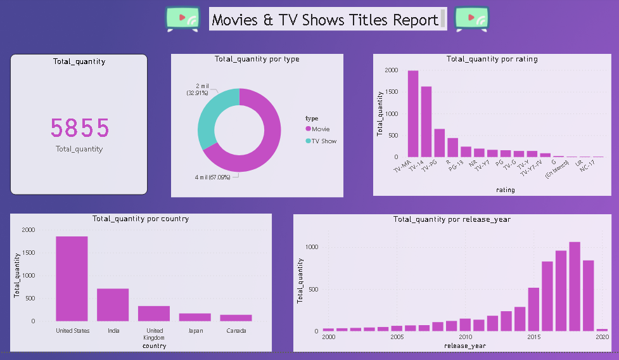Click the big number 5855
click(x=80, y=128)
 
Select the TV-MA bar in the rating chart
click(x=413, y=114)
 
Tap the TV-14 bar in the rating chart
click(x=426, y=122)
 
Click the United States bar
click(x=72, y=279)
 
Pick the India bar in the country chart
click(x=113, y=305)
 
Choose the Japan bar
click(x=195, y=317)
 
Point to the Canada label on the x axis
click(x=236, y=330)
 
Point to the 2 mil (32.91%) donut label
click(x=198, y=89)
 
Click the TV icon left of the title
click(x=182, y=19)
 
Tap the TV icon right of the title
click(x=472, y=19)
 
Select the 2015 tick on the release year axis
click(x=533, y=337)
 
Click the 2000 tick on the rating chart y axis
click(x=391, y=70)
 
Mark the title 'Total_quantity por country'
click(x=141, y=219)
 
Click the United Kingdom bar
click(x=154, y=314)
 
